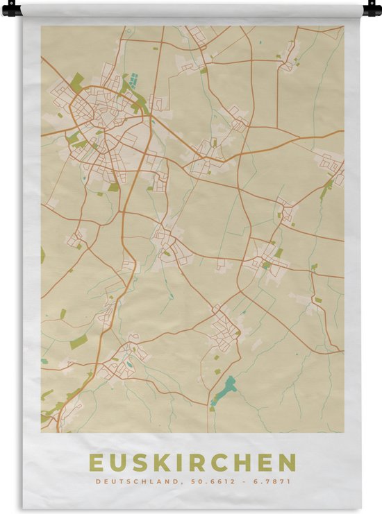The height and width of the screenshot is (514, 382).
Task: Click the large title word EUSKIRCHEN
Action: (192, 463)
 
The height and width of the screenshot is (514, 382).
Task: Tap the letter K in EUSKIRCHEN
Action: (155, 463)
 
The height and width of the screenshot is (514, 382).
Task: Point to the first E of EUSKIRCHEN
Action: (94, 463)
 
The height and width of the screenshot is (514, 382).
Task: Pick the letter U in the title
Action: (115, 463)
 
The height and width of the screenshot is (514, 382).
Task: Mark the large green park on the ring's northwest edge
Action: (76, 81)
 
